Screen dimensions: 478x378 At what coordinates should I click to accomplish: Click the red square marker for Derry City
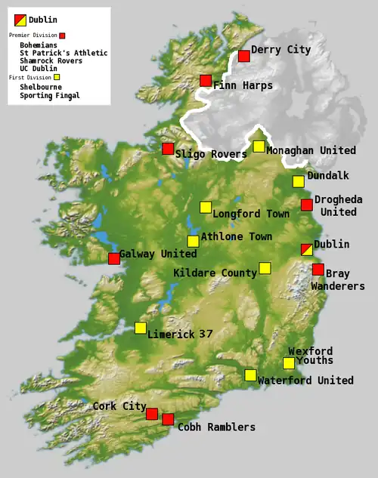[243, 56]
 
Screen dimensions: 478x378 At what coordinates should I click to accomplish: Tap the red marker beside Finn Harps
[206, 81]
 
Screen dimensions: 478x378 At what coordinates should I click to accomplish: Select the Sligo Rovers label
[211, 154]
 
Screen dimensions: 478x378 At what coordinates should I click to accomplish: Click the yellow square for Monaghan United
[259, 146]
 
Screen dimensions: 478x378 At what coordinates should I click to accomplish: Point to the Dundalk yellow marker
[298, 181]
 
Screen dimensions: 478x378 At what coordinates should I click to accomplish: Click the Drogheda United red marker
[306, 205]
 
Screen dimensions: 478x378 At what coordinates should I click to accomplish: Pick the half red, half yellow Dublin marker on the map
[305, 250]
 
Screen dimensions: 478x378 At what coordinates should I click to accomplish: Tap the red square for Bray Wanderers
[318, 270]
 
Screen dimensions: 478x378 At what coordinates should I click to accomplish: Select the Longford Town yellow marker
[205, 207]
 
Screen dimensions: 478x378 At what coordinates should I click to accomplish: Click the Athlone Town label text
[237, 236]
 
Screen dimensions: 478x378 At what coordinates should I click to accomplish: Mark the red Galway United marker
[113, 259]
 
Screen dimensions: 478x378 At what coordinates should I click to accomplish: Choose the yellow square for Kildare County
[265, 267]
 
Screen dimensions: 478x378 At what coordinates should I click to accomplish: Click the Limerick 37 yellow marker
[140, 328]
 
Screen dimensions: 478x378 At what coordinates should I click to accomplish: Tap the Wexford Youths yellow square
[288, 363]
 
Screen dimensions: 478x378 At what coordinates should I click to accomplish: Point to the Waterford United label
[305, 380]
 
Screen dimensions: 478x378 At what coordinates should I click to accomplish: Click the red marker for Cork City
[151, 414]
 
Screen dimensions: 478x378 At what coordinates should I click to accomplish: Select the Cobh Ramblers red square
[168, 419]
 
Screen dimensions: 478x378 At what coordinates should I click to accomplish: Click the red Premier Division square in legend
[62, 35]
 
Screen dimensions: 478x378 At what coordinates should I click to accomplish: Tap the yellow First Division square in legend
[57, 77]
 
